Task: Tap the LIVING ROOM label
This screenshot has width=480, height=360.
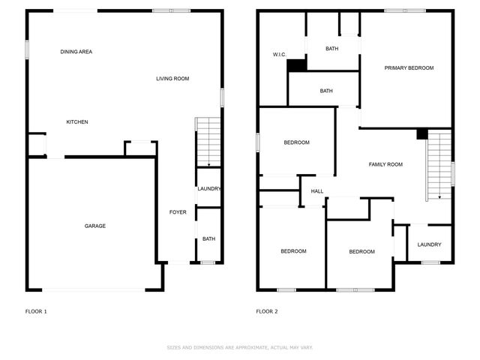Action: coord(172,79)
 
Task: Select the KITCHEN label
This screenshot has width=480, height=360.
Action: coord(77,122)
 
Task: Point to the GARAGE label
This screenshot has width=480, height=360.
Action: coord(94,226)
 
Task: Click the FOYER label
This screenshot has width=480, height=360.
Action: coord(178,212)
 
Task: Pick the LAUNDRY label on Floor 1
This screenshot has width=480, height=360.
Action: coord(208,189)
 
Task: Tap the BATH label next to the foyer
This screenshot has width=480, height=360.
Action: coord(208,239)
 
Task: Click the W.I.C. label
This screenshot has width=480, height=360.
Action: coord(280,55)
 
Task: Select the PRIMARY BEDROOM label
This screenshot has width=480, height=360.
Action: coord(409,68)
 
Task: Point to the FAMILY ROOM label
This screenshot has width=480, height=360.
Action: coord(385,164)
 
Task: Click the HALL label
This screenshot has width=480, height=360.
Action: coord(317,191)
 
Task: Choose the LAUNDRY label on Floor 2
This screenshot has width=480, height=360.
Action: coord(429,244)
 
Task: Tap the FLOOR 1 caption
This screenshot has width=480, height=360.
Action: coord(36,311)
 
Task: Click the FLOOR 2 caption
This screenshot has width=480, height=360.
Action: coord(267,311)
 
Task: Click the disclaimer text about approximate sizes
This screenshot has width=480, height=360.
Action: coord(240,348)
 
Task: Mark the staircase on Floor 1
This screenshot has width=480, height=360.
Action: coord(208,142)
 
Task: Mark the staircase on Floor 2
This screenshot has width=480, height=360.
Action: coord(439,165)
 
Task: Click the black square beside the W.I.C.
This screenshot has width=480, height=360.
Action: coord(297,66)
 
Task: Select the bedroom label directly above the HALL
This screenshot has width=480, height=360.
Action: coord(296,142)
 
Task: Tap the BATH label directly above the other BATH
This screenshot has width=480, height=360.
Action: coord(331,49)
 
